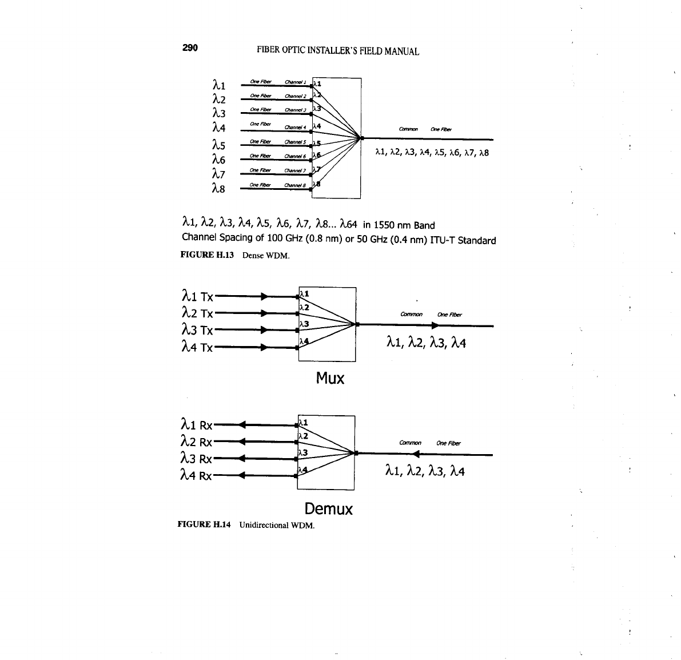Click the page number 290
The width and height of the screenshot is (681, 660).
click(190, 48)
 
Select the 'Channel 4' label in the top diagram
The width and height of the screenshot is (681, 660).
click(296, 127)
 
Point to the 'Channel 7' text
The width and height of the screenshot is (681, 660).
click(296, 170)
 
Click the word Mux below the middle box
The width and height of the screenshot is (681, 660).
click(330, 379)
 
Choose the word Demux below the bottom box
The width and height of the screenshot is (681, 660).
click(328, 509)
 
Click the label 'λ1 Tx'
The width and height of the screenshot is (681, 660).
click(197, 296)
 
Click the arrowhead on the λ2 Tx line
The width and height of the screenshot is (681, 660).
click(264, 313)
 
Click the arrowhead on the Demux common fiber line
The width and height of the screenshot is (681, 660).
click(416, 455)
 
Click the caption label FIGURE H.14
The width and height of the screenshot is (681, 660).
click(204, 524)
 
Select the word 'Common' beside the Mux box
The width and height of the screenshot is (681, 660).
click(412, 314)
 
